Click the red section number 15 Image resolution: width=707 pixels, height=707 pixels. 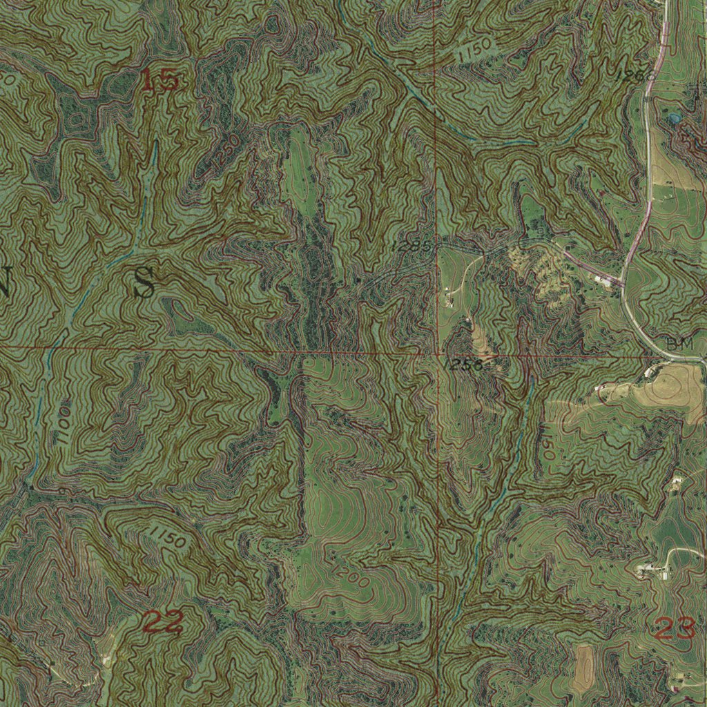(x=160, y=80)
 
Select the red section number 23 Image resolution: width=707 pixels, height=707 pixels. (x=673, y=628)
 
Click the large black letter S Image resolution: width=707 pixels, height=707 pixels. (x=144, y=283)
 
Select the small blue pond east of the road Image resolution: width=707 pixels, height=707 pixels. (x=675, y=119)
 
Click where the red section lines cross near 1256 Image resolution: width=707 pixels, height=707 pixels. (x=437, y=354)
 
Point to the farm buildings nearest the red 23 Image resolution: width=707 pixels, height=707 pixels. (x=654, y=570)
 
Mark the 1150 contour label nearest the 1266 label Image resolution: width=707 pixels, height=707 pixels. (x=474, y=50)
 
